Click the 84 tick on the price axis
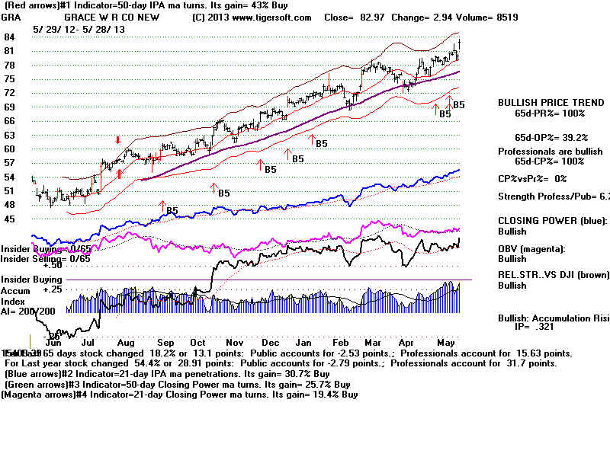11,37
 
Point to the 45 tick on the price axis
11,219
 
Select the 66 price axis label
11,121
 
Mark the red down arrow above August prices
118,140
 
